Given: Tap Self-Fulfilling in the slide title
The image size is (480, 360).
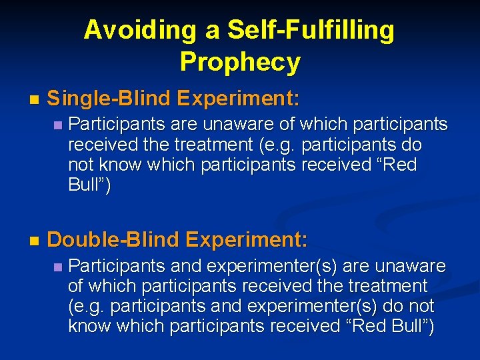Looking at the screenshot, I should click(311, 30).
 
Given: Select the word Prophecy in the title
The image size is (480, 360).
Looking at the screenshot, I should click(240, 62).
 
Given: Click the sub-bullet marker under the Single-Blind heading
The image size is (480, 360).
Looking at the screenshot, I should click(58, 125).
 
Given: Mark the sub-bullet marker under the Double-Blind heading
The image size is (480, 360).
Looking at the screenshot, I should click(58, 267).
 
